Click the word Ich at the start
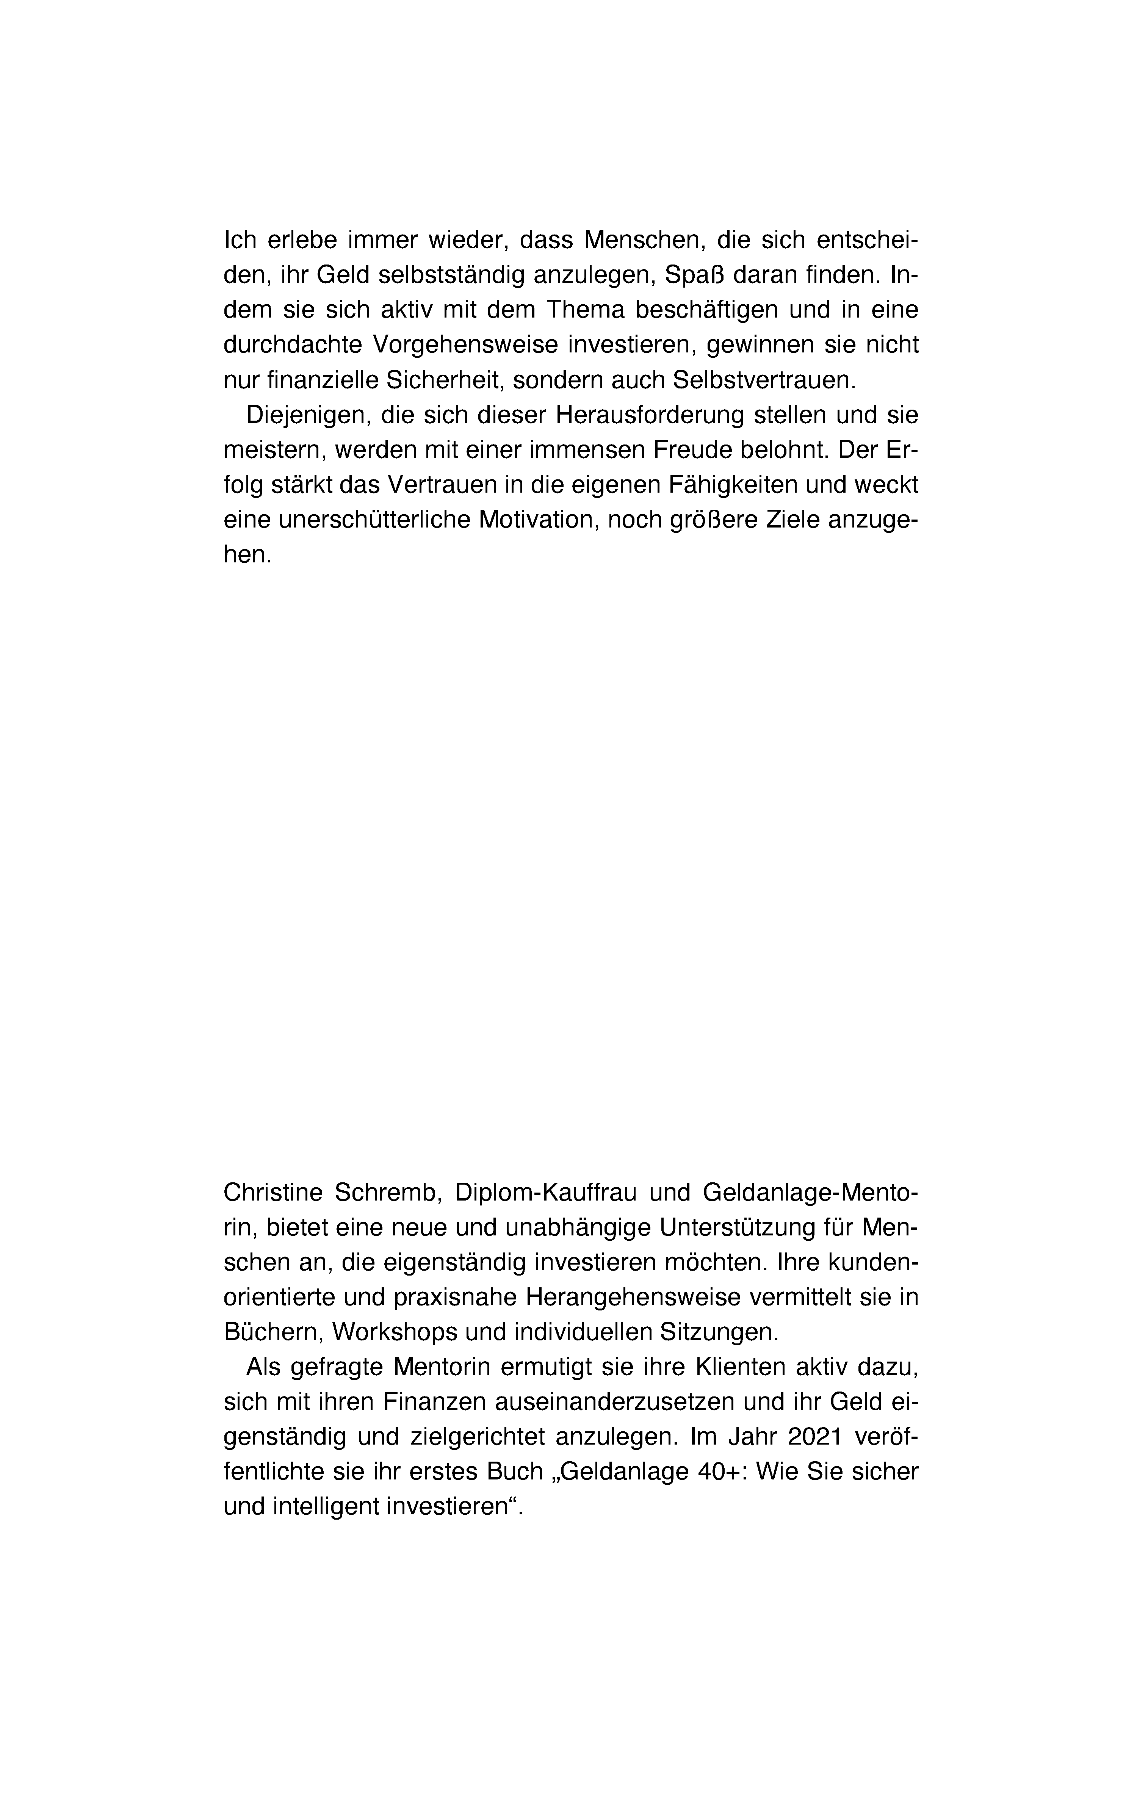(241, 241)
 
